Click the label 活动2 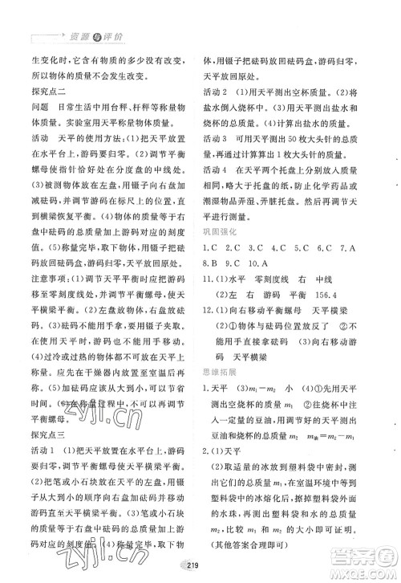pos(213,92)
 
